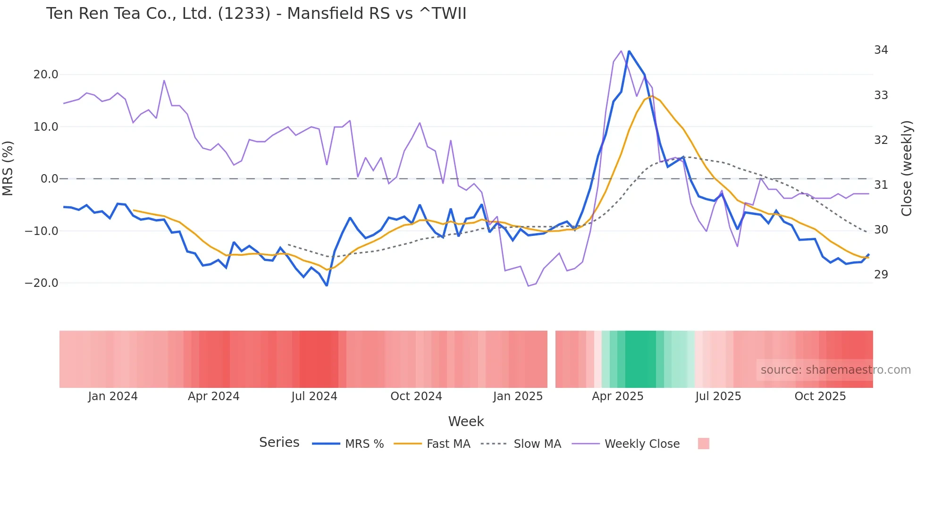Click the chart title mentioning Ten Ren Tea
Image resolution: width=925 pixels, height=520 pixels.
tap(256, 14)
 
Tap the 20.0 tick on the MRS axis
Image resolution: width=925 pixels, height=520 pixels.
tap(46, 75)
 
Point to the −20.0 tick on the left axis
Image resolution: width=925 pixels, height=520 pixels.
tap(42, 283)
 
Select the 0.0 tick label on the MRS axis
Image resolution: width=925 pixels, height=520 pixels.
tap(49, 179)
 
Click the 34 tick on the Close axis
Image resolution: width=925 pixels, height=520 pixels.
tap(881, 50)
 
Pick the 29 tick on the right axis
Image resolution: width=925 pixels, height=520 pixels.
tap(881, 275)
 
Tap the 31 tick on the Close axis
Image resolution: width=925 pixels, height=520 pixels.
tap(881, 185)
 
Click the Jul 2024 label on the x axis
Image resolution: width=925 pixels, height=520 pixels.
tap(314, 396)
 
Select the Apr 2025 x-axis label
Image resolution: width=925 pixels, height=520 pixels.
tap(617, 396)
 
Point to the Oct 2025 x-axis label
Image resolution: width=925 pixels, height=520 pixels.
tap(820, 396)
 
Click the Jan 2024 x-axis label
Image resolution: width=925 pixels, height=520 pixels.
tap(113, 396)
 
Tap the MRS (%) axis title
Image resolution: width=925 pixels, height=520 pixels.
tap(8, 168)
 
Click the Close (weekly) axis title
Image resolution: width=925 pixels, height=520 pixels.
tap(907, 168)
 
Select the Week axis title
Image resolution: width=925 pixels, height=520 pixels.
tap(466, 421)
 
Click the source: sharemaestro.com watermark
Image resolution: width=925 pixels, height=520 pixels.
tap(835, 370)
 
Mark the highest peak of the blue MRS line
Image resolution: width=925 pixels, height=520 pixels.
tap(629, 51)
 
